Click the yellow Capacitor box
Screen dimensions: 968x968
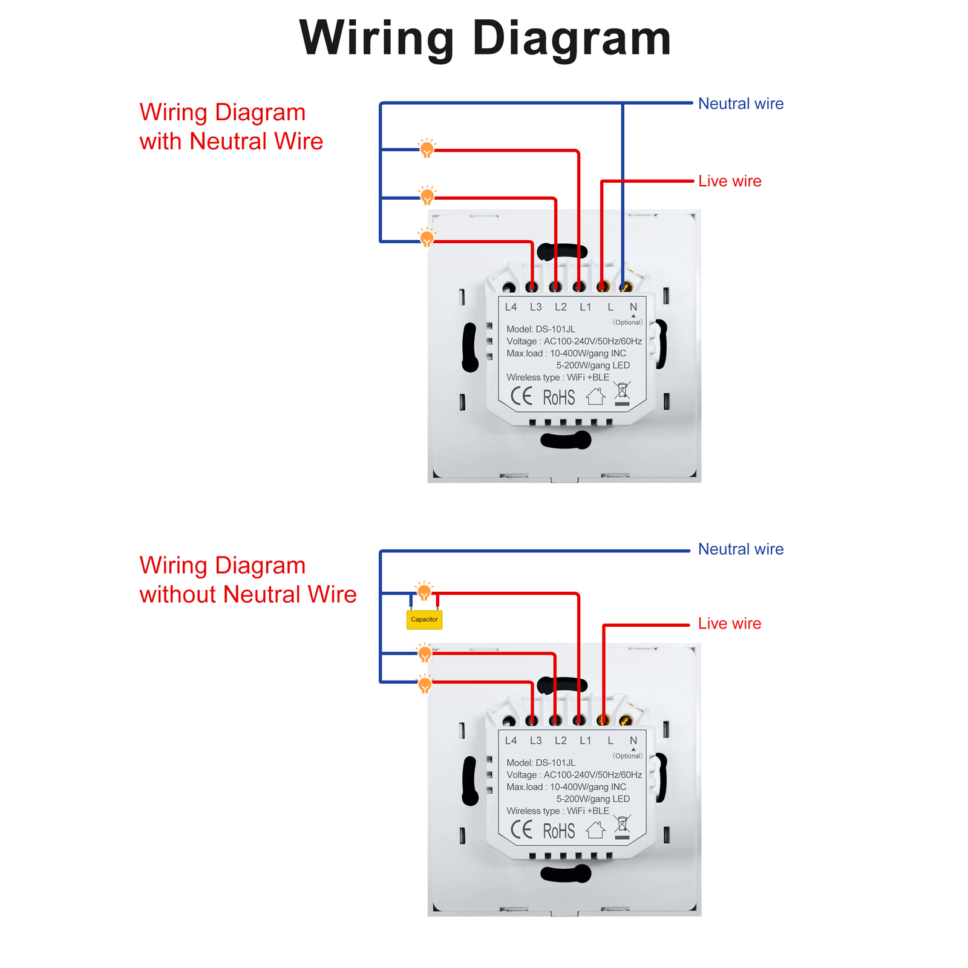click(424, 620)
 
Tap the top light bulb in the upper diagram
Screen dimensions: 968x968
click(427, 148)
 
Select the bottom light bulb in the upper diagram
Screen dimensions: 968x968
click(427, 238)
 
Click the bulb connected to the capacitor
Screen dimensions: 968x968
click(424, 592)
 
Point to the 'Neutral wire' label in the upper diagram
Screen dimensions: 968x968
click(741, 103)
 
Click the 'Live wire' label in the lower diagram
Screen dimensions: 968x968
click(730, 624)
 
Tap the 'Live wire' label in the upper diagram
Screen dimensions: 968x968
click(730, 181)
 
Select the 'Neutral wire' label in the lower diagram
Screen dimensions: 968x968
click(741, 549)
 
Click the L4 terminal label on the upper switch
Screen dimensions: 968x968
click(511, 307)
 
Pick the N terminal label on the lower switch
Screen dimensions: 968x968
click(633, 741)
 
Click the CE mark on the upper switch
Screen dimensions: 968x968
click(521, 397)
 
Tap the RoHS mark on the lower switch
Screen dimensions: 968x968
click(559, 831)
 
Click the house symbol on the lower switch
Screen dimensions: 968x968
click(595, 830)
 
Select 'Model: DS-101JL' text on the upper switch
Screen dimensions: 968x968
click(541, 329)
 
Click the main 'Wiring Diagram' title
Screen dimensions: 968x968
click(485, 38)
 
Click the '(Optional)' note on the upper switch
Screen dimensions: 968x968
click(628, 322)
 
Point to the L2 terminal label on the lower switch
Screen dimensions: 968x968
click(561, 741)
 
